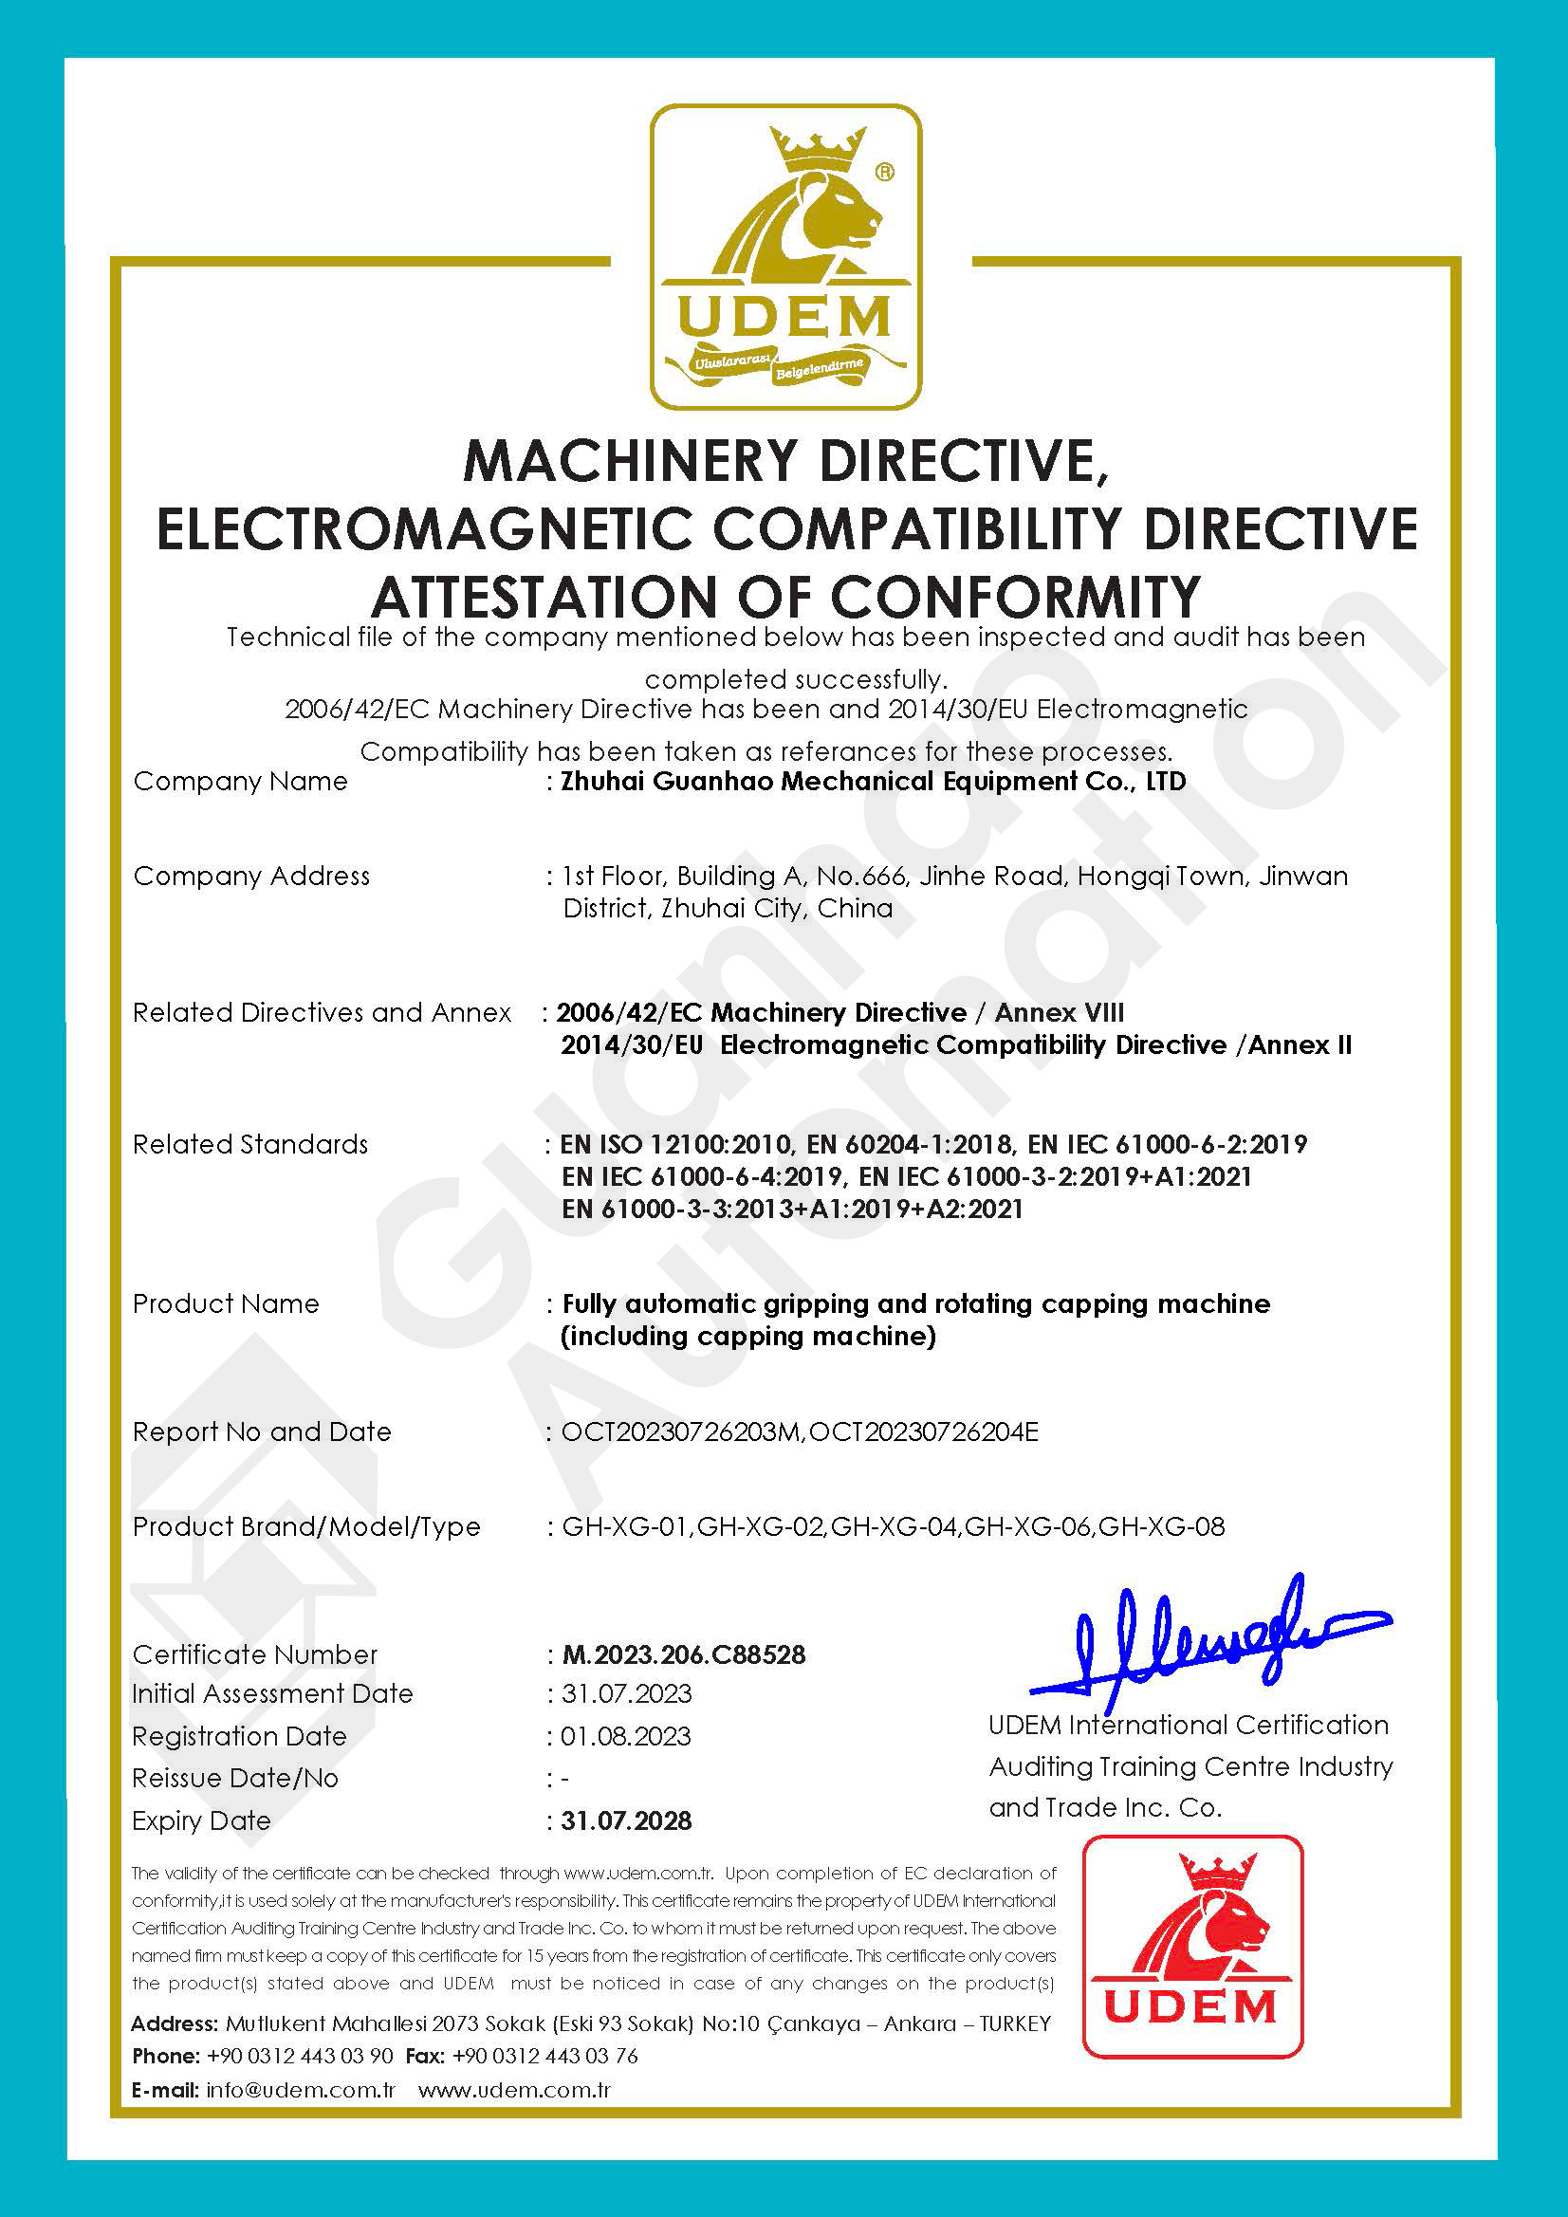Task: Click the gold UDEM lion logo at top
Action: click(785, 257)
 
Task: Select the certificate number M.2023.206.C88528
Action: click(684, 1654)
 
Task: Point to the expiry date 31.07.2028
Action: click(627, 1820)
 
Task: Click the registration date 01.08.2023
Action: click(626, 1736)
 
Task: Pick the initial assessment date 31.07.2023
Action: click(627, 1693)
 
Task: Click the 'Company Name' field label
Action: click(240, 781)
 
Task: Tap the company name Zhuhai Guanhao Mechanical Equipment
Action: click(819, 781)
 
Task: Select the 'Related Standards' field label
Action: click(250, 1144)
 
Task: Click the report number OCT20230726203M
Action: click(681, 1432)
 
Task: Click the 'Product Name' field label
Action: click(226, 1303)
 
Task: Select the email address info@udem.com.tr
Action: click(302, 2091)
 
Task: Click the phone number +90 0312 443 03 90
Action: click(301, 2056)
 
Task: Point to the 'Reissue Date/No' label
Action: click(235, 1779)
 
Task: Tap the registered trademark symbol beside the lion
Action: click(884, 172)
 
